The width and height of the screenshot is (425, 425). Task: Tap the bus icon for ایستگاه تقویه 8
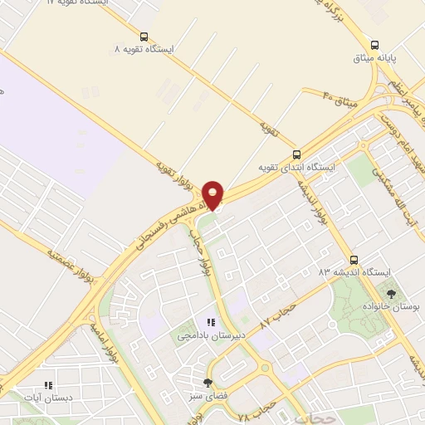coord(144,37)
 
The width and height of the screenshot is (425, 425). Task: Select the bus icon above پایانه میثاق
coord(374,45)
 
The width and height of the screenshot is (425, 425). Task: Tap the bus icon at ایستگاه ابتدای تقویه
coord(297,154)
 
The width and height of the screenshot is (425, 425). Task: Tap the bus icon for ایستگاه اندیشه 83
coord(354,259)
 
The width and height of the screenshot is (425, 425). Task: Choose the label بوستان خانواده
coord(391,306)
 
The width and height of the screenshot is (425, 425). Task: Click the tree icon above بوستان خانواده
coord(391,293)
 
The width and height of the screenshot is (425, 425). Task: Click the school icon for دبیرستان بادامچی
coord(210,322)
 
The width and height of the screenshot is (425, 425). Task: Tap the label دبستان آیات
coord(48,398)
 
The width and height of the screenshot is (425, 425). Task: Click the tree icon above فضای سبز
coord(208,383)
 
